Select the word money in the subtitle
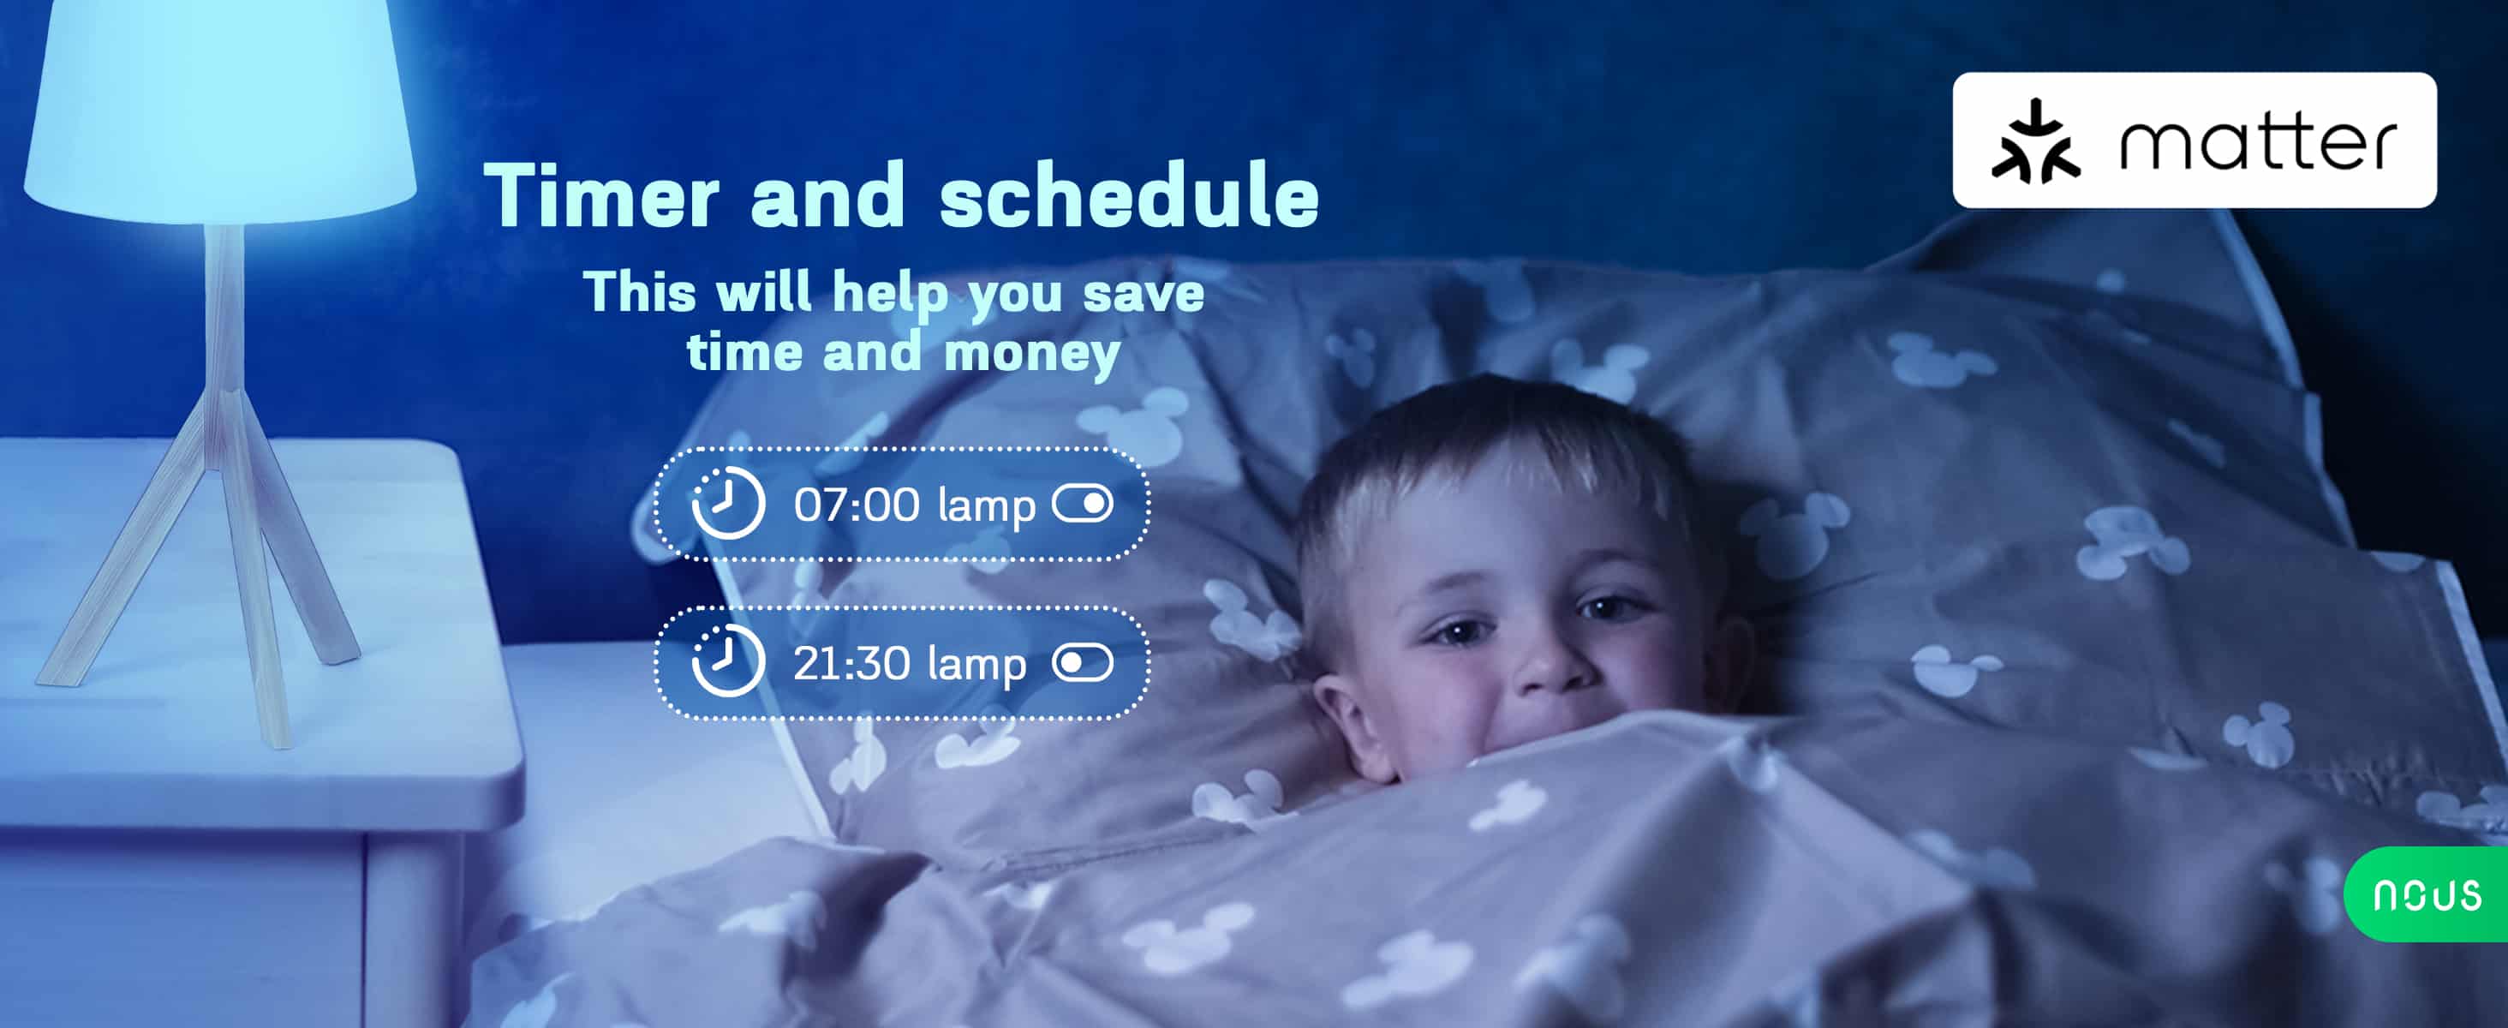[1032, 353]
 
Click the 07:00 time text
[856, 505]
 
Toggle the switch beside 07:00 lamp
[1083, 504]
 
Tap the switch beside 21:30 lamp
[1083, 663]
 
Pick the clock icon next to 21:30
[728, 661]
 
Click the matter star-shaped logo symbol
[2036, 141]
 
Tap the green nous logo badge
[2427, 894]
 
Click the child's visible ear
[1348, 726]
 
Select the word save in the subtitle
[1143, 293]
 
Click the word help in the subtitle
[890, 294]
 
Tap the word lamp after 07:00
[986, 506]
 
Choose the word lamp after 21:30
[976, 665]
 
